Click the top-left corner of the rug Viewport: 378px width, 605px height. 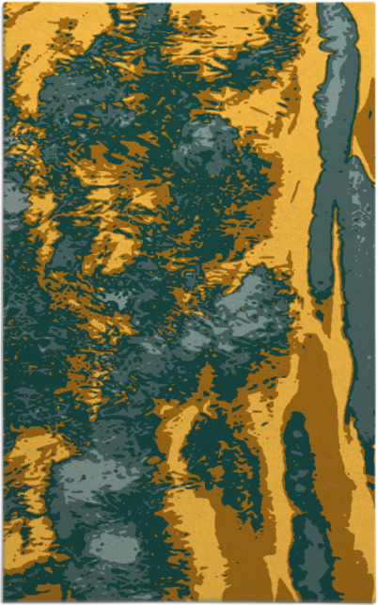pyautogui.click(x=4, y=3)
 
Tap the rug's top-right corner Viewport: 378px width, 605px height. pyautogui.click(x=374, y=3)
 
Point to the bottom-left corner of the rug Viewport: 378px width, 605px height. pyautogui.click(x=4, y=601)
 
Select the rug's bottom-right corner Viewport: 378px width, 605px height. pyautogui.click(x=374, y=601)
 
